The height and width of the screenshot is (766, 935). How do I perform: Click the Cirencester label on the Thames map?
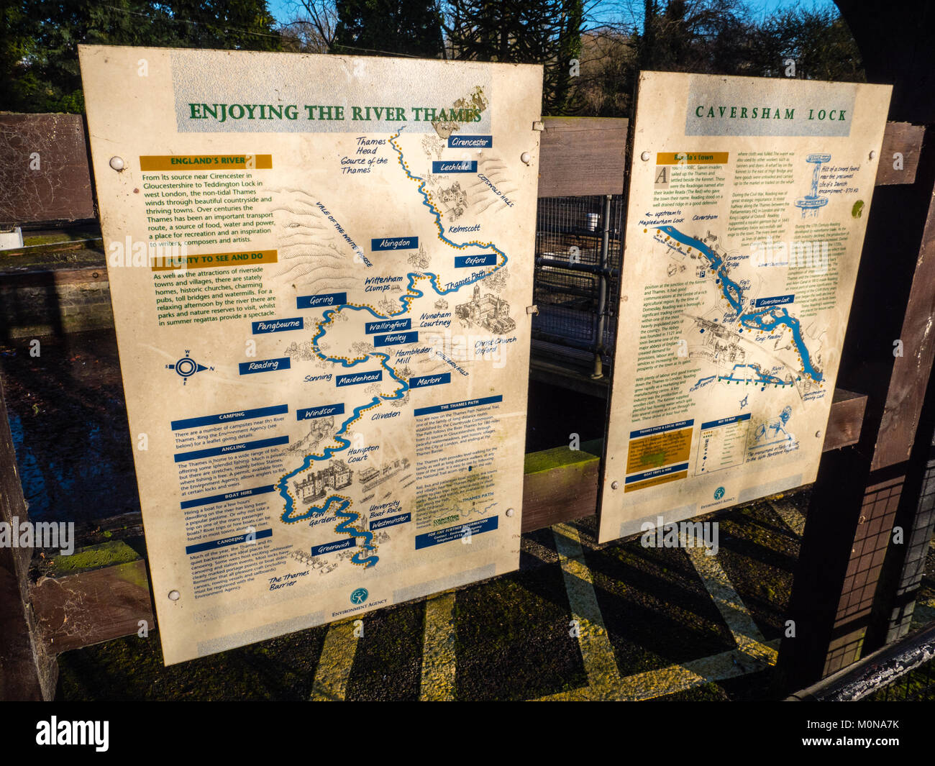point(470,142)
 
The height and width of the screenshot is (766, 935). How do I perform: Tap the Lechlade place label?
point(454,166)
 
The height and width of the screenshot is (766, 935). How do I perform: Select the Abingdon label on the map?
point(395,243)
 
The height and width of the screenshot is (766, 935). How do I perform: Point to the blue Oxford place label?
point(475,260)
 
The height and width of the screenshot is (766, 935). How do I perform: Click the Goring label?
point(321,301)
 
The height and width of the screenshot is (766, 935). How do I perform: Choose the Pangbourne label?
point(277,326)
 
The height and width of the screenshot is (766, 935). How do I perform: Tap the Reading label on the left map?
point(263,365)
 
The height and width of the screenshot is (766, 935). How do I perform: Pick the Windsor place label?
point(319,413)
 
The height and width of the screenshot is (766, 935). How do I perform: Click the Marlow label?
point(429,380)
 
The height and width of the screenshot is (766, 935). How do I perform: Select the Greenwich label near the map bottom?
point(334,547)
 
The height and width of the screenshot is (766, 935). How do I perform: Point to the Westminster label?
point(391,521)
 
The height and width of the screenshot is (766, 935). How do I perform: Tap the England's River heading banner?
point(205,162)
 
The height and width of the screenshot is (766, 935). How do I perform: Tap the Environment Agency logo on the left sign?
point(358,596)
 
